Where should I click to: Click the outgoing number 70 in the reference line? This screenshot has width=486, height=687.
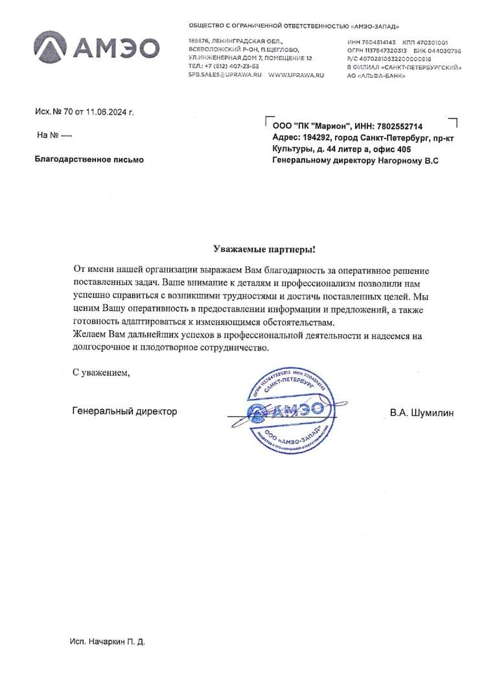(67, 112)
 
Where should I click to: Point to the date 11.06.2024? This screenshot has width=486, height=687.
(107, 112)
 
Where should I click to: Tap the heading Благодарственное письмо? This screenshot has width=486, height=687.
(89, 159)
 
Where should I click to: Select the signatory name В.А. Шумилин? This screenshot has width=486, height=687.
(422, 412)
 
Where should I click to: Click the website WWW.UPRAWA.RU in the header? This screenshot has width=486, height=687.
(295, 75)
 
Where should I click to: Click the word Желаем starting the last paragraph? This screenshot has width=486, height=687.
(89, 334)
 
